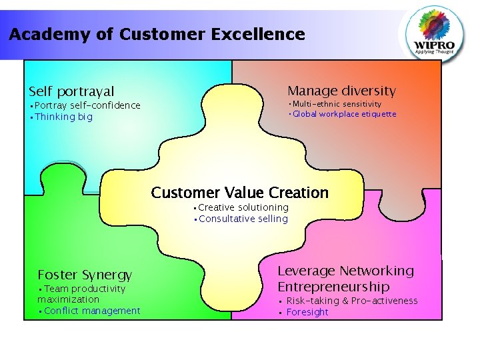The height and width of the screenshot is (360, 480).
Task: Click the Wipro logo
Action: coord(437,33)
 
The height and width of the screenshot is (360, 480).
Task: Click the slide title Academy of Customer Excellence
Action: coord(157,34)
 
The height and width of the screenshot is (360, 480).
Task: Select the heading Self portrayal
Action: coord(71,91)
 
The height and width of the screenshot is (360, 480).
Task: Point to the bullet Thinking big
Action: coord(63,117)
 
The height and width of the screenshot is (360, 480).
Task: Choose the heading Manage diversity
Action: coord(341,91)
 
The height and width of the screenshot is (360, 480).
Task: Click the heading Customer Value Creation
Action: coord(240,193)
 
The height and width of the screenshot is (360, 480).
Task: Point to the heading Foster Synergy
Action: coord(85,275)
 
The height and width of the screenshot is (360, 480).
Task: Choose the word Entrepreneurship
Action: coord(333,287)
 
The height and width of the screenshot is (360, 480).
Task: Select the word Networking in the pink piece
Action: coord(377,271)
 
